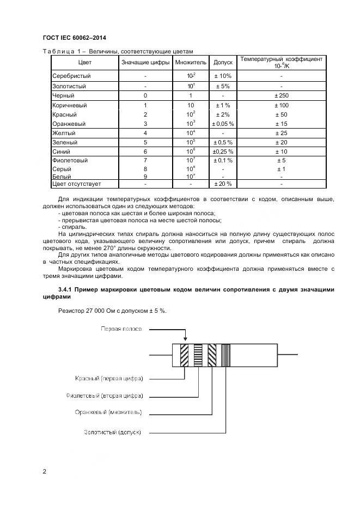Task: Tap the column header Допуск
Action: [223, 63]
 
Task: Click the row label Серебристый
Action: [71, 76]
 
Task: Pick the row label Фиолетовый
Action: [70, 161]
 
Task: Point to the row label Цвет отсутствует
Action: [76, 184]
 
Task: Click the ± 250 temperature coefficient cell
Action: [281, 95]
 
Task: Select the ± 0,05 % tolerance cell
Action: [223, 124]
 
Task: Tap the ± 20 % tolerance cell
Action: [223, 184]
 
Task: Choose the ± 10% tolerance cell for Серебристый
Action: [223, 76]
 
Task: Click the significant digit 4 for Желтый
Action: [145, 133]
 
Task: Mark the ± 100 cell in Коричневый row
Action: [281, 105]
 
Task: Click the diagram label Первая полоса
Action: [121, 329]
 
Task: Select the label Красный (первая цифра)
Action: [109, 378]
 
